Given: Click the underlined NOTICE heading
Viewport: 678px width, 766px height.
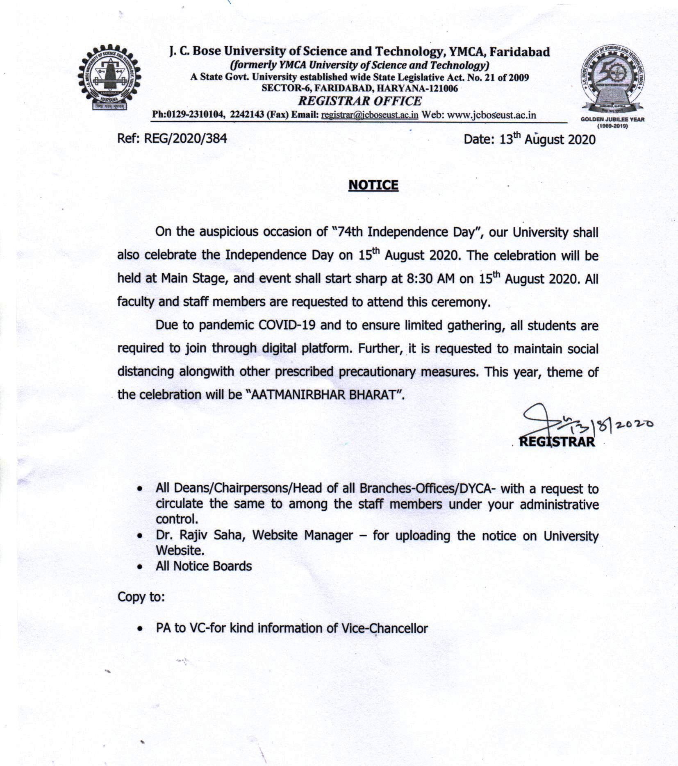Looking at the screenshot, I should (x=373, y=185).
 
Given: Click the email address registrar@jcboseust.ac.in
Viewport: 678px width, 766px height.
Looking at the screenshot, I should (x=370, y=115).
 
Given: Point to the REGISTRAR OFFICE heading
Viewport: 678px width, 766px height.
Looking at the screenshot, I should (x=359, y=101).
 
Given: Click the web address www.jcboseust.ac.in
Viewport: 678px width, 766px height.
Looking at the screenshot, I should (x=491, y=115).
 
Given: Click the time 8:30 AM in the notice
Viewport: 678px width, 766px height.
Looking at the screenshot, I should (x=430, y=279).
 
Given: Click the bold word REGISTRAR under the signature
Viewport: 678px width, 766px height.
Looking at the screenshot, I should (x=557, y=441).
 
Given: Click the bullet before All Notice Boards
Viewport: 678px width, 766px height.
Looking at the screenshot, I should (x=141, y=567).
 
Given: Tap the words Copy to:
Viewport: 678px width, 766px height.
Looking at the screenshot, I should (x=141, y=597).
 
